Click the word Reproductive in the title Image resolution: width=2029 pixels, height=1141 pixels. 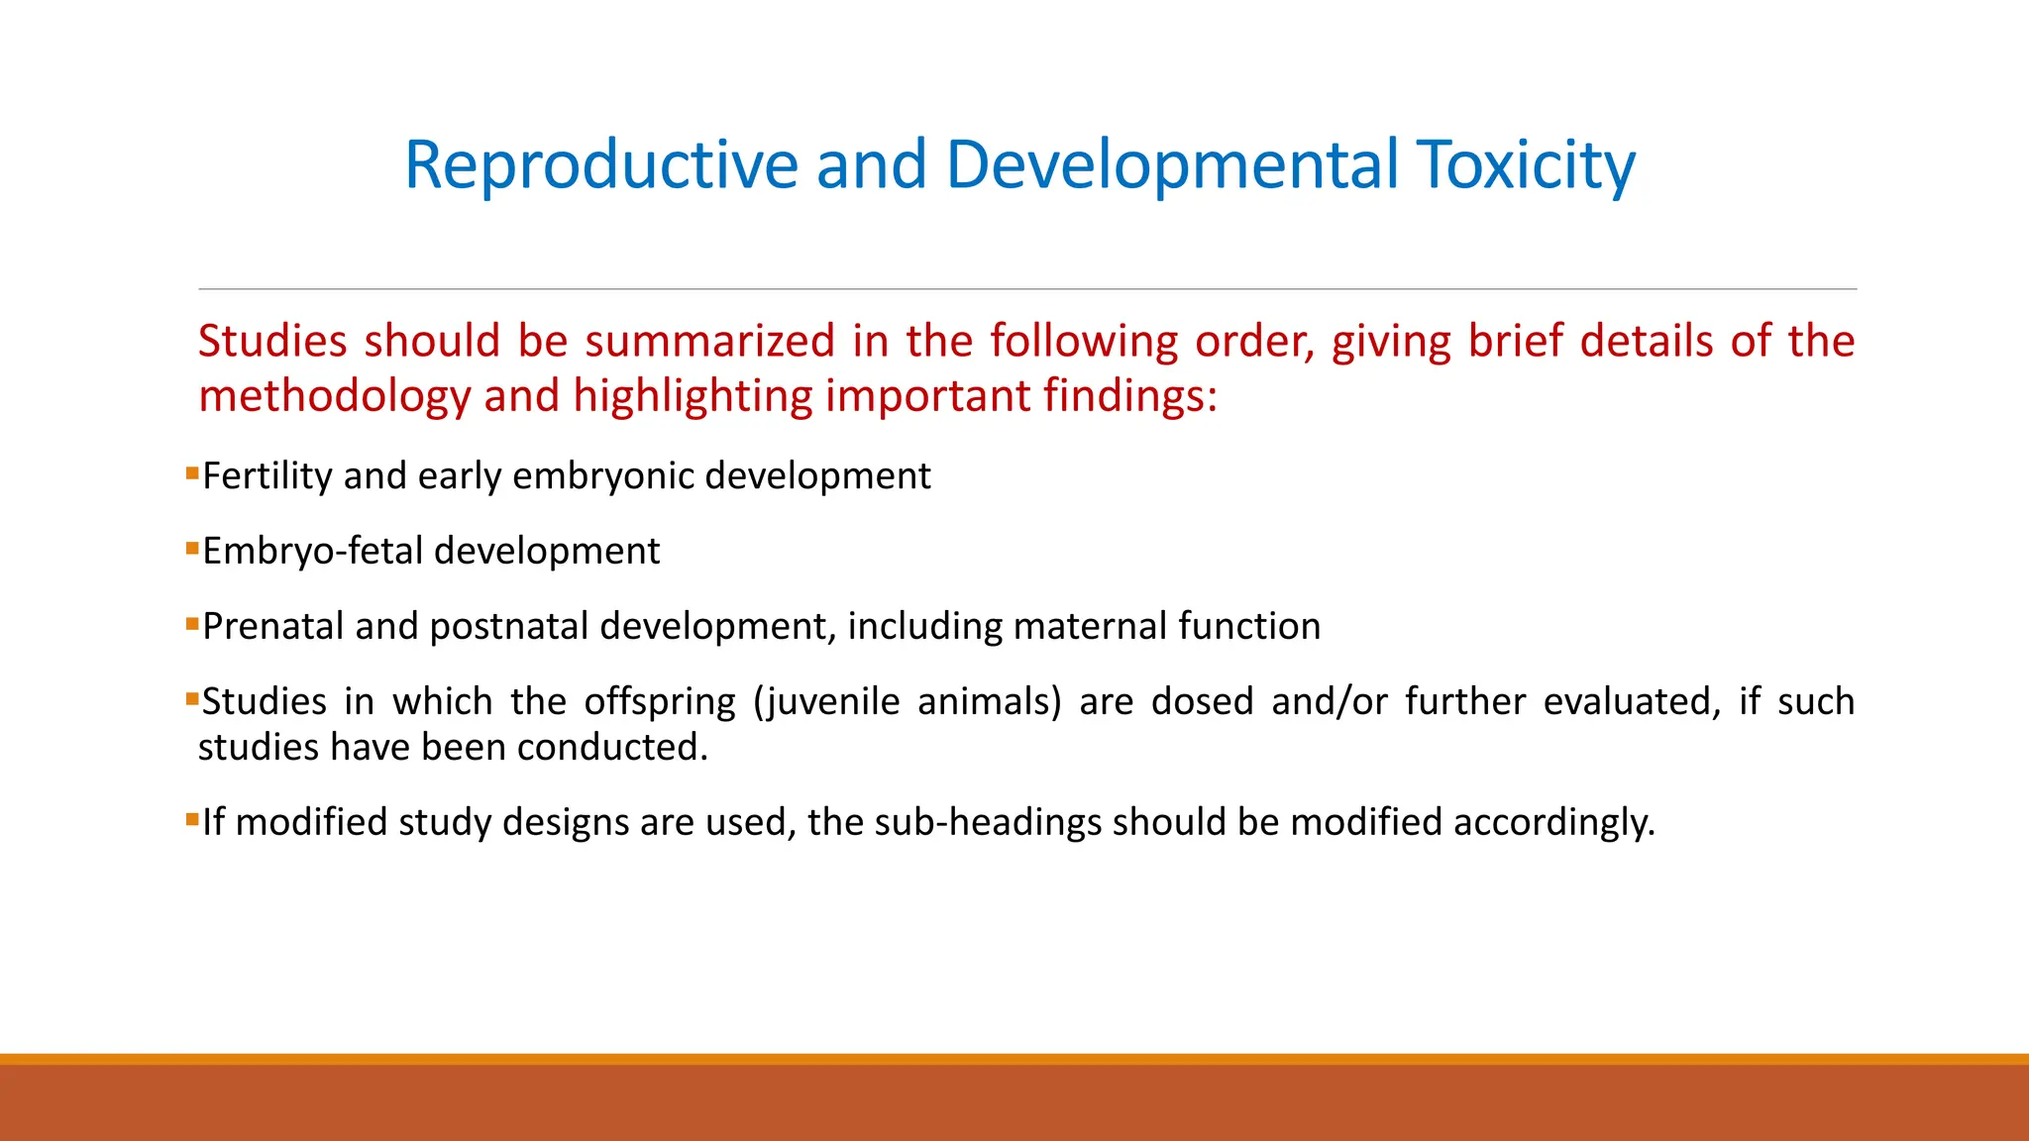pos(600,164)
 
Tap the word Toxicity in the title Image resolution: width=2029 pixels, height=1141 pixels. pos(1526,164)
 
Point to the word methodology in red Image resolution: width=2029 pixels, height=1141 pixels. pos(334,396)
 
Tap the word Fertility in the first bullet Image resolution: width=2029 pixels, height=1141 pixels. pos(267,476)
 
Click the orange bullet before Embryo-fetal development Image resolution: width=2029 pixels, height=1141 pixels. pos(192,548)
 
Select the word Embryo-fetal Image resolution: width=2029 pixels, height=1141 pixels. pos(313,552)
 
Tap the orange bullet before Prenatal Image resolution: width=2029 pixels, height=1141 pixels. pos(192,623)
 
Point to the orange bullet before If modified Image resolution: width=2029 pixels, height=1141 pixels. pos(192,819)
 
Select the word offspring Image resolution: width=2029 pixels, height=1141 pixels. pos(660,702)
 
